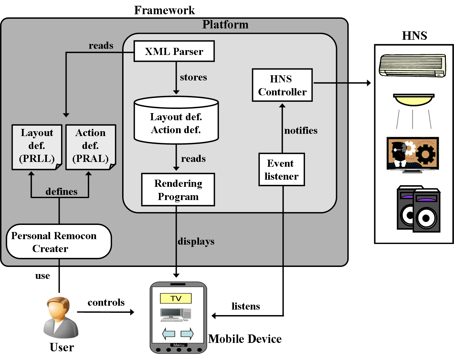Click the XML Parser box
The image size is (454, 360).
click(174, 51)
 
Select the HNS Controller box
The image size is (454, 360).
click(282, 85)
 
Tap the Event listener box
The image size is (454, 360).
click(281, 170)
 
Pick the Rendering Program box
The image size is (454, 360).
click(178, 190)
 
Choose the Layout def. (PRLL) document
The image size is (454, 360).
click(37, 147)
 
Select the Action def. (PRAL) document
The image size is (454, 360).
click(90, 147)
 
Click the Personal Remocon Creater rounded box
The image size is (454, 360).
click(59, 242)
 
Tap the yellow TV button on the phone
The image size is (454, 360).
click(176, 298)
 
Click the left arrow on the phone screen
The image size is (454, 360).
click(168, 333)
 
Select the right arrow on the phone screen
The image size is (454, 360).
click(187, 333)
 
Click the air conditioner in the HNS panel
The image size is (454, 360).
click(412, 65)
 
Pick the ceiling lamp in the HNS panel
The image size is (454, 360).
click(414, 99)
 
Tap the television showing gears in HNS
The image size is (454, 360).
click(413, 154)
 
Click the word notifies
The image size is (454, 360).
click(301, 131)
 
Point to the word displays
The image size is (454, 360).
click(196, 241)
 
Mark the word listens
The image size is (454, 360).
click(246, 306)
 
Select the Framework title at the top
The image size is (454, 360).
click(164, 10)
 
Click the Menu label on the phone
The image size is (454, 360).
click(178, 345)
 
